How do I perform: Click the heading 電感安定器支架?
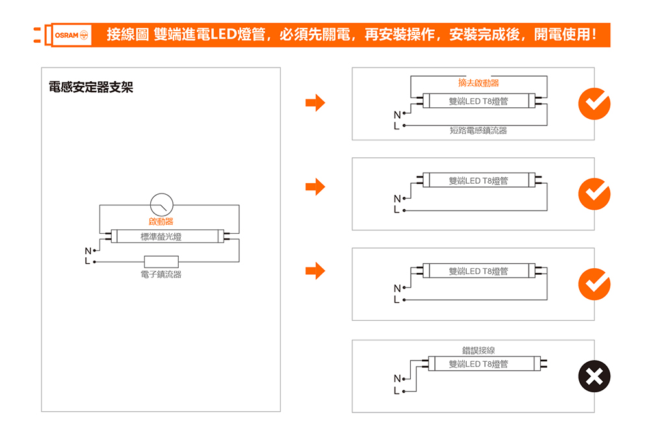pos(91,87)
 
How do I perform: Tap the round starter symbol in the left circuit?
pos(161,205)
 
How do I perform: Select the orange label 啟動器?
pos(161,223)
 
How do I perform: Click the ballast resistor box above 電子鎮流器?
pos(161,262)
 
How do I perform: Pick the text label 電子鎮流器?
pos(161,275)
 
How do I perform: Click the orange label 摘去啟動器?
pos(478,83)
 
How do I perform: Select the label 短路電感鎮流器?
pos(478,131)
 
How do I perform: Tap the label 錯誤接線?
pos(478,351)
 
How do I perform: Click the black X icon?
pos(594,376)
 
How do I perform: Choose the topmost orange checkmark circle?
pos(594,104)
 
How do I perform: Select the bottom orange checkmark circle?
pos(594,284)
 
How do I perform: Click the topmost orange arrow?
pos(315,103)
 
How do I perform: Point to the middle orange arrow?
pos(315,187)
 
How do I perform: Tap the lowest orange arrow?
pos(315,271)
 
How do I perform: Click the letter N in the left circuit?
pos(86,251)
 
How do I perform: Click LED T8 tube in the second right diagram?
pos(478,181)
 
